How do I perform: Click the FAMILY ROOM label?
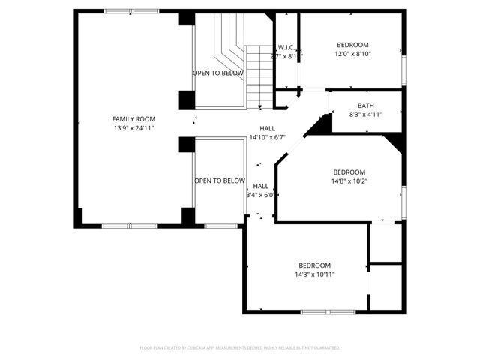coord(133,119)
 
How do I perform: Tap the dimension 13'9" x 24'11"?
coord(133,128)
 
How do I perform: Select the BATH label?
coord(365,106)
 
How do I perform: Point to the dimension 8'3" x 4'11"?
coord(365,115)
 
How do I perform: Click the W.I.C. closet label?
coord(286,47)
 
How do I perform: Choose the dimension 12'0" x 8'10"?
coord(352,54)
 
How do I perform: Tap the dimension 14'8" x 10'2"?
coord(349,181)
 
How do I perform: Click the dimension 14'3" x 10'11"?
coord(314,274)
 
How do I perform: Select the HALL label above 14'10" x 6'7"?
coord(268,128)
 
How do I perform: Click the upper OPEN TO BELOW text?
coord(218,73)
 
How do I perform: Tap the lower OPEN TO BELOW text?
coord(220,181)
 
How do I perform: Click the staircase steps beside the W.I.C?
coord(259,75)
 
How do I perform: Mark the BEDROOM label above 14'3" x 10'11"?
coord(314,265)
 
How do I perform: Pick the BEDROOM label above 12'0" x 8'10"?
coord(352,45)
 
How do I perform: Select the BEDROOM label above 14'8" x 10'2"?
coord(349,172)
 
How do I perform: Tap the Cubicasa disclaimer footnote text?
coord(240,348)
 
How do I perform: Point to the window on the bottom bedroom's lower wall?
coord(328,311)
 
